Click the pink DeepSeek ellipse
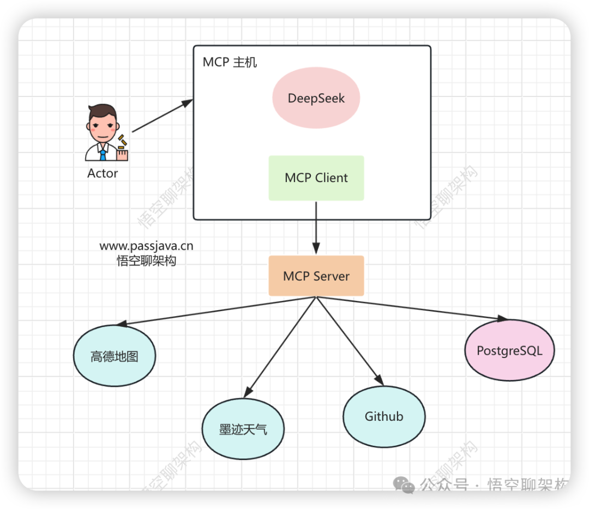pyautogui.click(x=316, y=99)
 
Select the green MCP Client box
pyautogui.click(x=316, y=178)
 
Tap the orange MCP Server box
pyautogui.click(x=316, y=276)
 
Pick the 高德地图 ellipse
pyautogui.click(x=115, y=356)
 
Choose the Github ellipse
pyautogui.click(x=384, y=416)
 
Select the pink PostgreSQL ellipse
pyautogui.click(x=509, y=350)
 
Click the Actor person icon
pyautogui.click(x=106, y=134)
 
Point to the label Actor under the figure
pyautogui.click(x=103, y=174)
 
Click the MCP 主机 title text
pyautogui.click(x=230, y=62)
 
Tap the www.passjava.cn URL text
pyautogui.click(x=146, y=246)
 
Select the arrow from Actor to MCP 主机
pyautogui.click(x=163, y=116)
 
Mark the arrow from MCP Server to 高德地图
pyautogui.click(x=218, y=311)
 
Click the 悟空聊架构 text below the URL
pyautogui.click(x=146, y=261)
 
